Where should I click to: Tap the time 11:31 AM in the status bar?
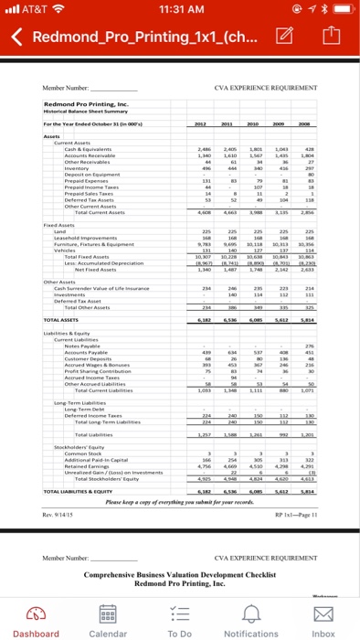[x=180, y=12]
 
